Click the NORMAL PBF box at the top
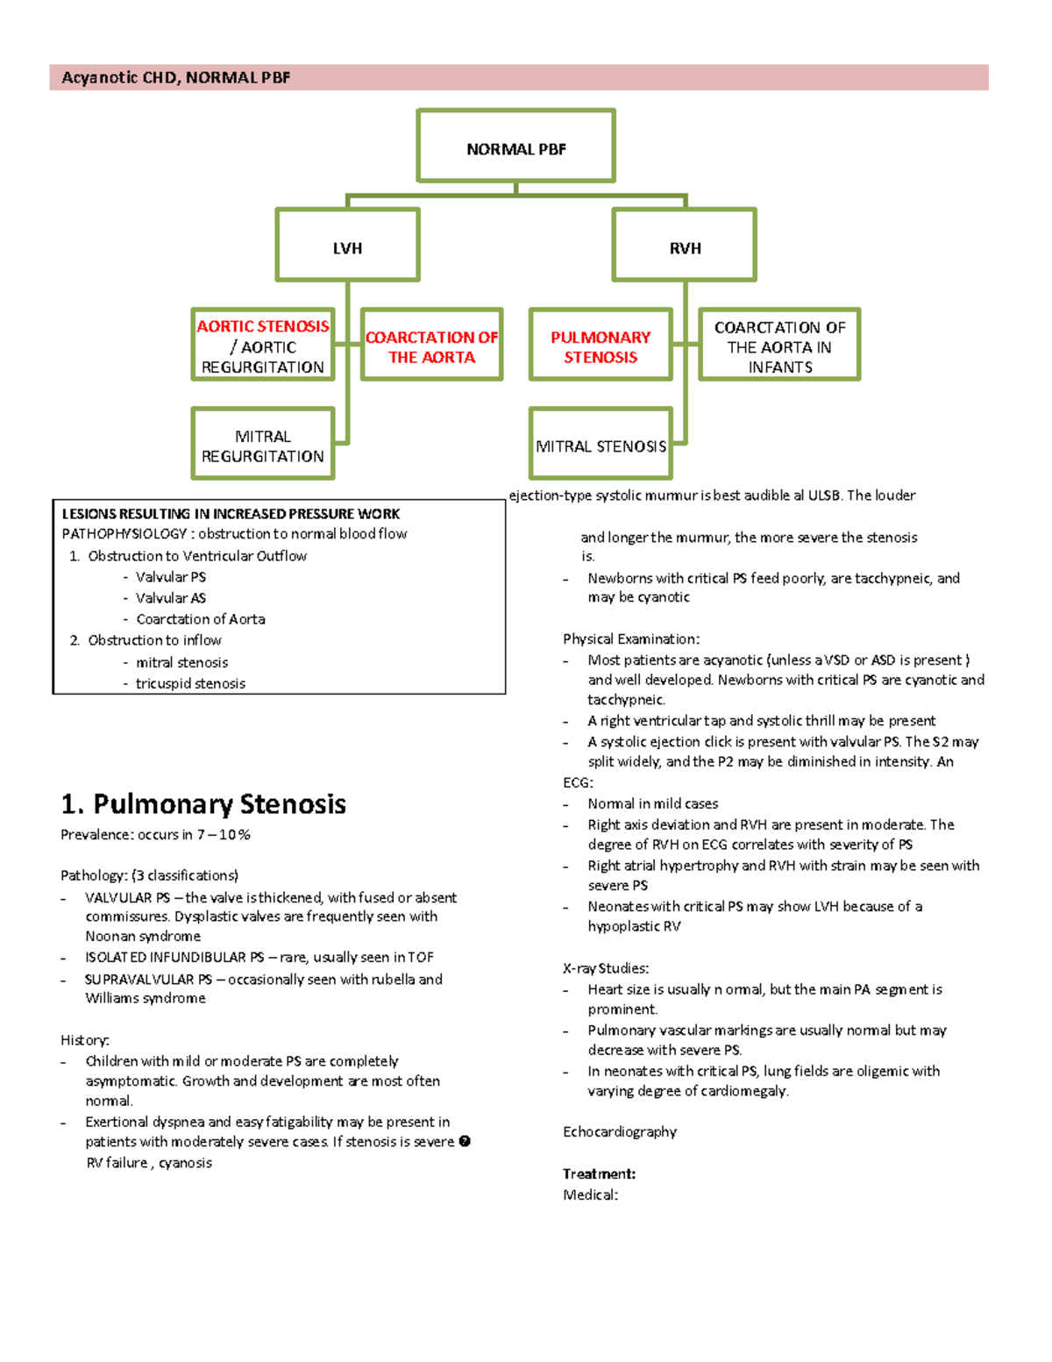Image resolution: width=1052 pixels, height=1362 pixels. click(515, 146)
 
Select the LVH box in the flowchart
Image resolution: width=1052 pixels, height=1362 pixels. click(347, 246)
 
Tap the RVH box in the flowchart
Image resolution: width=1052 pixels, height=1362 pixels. click(685, 246)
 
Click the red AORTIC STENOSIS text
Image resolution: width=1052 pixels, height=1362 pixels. click(263, 326)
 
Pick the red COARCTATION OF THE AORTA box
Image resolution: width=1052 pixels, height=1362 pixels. click(431, 346)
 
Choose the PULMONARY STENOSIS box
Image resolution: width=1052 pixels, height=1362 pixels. click(601, 346)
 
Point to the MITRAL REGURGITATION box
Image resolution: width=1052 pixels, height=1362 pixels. click(263, 445)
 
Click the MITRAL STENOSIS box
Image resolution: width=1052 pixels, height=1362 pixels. click(601, 445)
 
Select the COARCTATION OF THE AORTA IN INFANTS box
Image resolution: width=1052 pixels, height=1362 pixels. click(779, 346)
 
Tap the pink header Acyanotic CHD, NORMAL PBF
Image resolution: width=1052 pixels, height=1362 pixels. click(175, 77)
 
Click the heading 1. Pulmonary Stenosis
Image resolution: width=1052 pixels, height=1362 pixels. click(203, 803)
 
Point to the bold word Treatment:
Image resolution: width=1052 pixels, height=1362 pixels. click(599, 1173)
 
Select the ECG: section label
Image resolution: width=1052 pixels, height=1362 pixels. click(578, 782)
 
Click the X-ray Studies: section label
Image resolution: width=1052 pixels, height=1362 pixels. click(606, 968)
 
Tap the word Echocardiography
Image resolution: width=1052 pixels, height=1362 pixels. click(620, 1131)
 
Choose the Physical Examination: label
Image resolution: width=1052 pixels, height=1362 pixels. click(631, 638)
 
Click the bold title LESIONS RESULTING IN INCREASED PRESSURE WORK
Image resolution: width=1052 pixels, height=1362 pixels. click(231, 514)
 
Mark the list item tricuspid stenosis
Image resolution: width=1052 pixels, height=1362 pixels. click(190, 683)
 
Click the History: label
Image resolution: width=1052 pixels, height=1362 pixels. click(84, 1040)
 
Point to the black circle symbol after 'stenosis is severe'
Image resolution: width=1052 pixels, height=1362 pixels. click(465, 1141)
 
